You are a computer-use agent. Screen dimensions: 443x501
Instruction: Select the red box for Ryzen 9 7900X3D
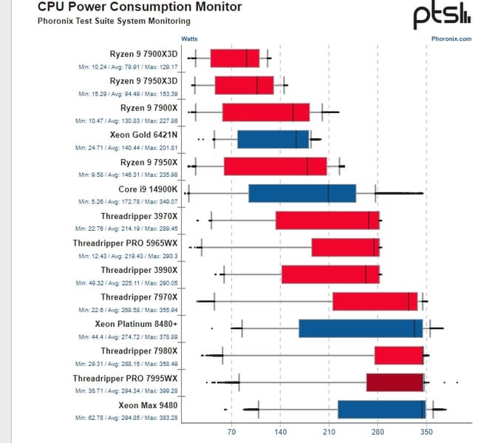(x=235, y=58)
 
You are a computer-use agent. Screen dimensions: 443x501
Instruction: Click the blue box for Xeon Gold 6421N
(x=273, y=139)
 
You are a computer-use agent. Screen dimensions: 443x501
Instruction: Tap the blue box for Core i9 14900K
(x=302, y=193)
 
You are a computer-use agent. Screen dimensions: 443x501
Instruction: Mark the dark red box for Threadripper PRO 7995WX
(x=395, y=382)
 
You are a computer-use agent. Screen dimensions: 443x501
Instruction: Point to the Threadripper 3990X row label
(x=139, y=270)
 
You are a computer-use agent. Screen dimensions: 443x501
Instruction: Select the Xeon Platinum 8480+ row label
(x=136, y=323)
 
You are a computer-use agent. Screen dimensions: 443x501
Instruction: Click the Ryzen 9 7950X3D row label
(x=143, y=81)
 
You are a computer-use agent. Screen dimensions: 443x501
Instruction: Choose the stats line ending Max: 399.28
(x=127, y=390)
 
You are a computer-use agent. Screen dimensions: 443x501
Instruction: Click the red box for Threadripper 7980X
(x=399, y=355)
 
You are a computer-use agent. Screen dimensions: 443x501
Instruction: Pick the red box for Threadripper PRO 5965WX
(x=345, y=247)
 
